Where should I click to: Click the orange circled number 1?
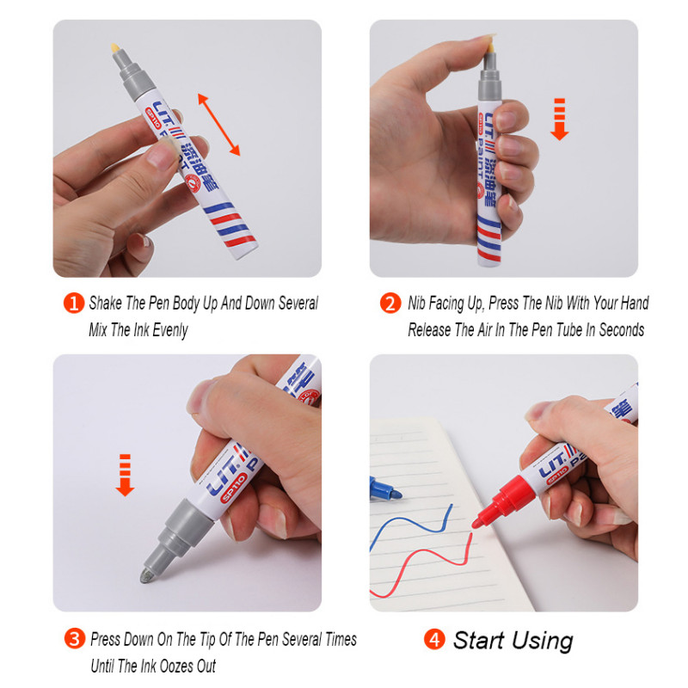(74, 304)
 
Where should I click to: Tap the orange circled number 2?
(390, 304)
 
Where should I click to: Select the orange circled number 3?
(75, 638)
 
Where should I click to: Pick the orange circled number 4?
(434, 639)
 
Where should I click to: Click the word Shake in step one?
(106, 303)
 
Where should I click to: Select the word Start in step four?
(478, 640)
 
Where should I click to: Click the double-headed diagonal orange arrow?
(219, 124)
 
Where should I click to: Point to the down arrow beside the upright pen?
(560, 119)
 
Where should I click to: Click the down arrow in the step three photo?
(125, 476)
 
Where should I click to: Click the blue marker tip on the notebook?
(386, 488)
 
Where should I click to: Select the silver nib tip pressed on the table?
(146, 575)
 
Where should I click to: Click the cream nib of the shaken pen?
(115, 48)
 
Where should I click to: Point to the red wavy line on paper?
(421, 566)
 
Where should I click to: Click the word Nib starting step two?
(417, 303)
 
